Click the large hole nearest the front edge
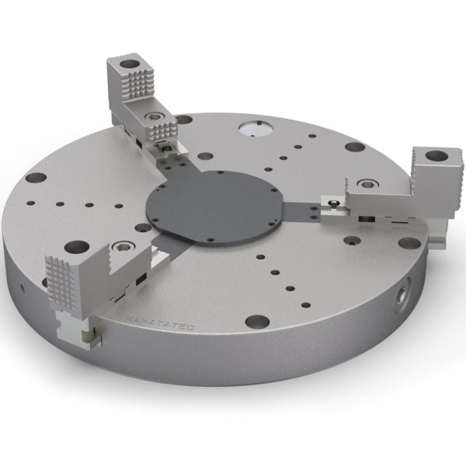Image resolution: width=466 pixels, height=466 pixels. coord(255,321)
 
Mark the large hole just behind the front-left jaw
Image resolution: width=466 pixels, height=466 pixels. coord(75,248)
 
